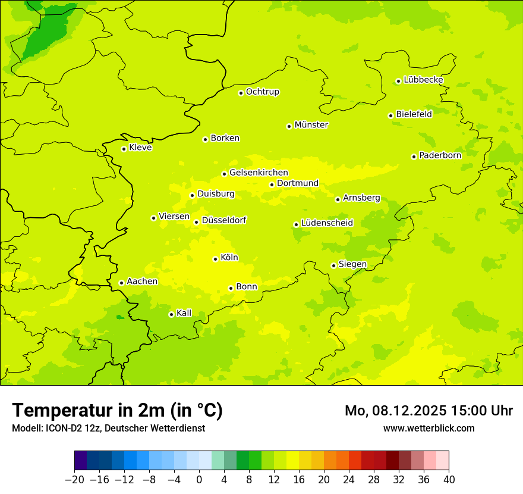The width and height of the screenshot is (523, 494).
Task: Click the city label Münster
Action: (311, 125)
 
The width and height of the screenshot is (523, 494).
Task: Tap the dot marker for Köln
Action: (215, 259)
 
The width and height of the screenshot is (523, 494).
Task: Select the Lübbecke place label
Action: (423, 80)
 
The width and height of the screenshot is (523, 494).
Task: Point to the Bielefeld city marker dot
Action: (390, 115)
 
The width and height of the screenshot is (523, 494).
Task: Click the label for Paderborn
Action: (440, 155)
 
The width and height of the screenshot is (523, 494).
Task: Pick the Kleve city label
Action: (140, 148)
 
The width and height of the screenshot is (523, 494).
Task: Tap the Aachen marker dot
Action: (121, 283)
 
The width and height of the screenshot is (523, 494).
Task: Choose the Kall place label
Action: (184, 313)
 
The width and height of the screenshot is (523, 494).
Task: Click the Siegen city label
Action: (352, 264)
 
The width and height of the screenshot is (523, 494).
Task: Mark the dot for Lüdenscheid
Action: (296, 224)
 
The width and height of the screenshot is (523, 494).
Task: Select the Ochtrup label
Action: (263, 92)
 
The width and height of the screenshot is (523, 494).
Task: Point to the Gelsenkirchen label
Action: (259, 173)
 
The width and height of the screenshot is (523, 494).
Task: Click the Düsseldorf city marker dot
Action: (196, 222)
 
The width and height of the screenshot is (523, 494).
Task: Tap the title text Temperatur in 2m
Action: (117, 411)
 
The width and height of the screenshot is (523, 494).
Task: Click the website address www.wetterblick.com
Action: (429, 428)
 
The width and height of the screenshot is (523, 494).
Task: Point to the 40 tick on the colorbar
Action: (449, 480)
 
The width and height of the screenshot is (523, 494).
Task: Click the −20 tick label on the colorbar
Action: (74, 480)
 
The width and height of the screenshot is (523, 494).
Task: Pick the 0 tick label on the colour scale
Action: (199, 480)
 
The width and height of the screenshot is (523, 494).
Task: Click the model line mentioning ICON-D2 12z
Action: (108, 428)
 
